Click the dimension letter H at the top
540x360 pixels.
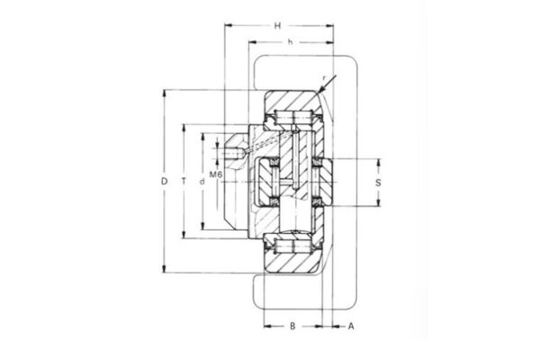coord(279,25)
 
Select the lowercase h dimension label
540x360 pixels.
coord(289,42)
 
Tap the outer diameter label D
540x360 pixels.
coord(165,182)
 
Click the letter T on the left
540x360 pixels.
coord(184,182)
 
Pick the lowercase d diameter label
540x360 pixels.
coord(202,182)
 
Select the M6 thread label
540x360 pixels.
coord(217,173)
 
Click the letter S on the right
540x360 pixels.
coord(378,182)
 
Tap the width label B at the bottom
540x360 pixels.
coord(292,326)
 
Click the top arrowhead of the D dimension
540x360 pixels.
coord(165,92)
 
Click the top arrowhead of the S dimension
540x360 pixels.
coord(378,160)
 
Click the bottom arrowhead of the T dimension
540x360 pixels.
coord(184,238)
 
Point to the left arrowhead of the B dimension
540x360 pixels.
coord(265,326)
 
